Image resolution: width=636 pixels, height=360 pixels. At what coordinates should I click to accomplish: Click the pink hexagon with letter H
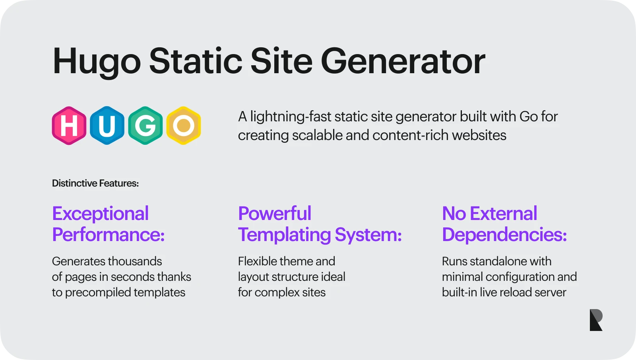coord(69,126)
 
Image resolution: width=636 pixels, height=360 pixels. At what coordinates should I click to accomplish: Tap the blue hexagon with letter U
coord(107,126)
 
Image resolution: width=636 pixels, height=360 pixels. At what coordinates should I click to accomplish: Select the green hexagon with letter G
coord(145,126)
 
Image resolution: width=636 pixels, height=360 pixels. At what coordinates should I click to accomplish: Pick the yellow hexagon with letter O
coord(184,126)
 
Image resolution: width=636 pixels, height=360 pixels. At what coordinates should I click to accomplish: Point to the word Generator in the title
coord(403,61)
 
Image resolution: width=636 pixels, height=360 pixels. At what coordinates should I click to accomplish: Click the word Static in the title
coord(196,61)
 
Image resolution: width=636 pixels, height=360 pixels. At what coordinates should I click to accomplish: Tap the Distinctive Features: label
coord(95,183)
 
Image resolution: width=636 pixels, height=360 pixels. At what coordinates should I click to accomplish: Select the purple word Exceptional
coord(101,214)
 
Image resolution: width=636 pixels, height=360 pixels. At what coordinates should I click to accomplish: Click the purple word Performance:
coord(109,235)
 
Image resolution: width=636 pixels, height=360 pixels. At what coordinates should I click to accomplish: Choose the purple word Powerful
coord(275,213)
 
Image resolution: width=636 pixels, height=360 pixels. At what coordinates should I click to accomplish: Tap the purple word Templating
coord(285,235)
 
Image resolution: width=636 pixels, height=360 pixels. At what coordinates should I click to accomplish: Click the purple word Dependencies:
coord(504,235)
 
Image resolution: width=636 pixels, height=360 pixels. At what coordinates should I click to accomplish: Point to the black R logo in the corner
coord(596,320)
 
